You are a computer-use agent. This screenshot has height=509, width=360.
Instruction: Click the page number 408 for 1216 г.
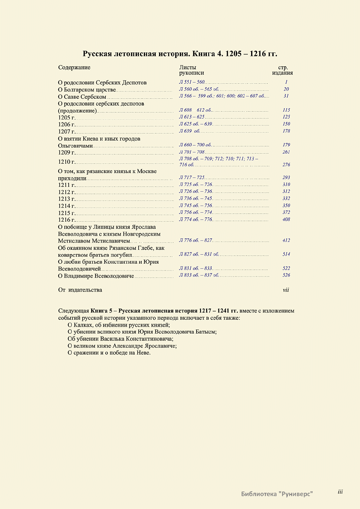[x=286, y=220]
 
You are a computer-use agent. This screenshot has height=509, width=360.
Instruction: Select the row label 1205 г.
[x=66, y=118]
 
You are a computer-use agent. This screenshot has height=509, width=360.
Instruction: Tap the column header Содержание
[x=74, y=67]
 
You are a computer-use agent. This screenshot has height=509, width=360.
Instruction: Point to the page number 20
[x=286, y=89]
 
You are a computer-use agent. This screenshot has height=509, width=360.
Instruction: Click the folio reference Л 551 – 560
[x=192, y=82]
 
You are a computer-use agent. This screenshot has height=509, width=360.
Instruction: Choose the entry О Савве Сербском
[x=82, y=97]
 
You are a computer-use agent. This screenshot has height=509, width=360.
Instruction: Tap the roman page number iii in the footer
[x=340, y=492]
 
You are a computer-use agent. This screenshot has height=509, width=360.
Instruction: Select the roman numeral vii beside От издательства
[x=286, y=290]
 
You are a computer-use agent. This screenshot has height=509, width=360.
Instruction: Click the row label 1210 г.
[x=66, y=162]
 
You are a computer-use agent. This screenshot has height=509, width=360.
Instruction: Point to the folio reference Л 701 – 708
[x=192, y=152]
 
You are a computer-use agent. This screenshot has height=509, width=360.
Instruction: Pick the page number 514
[x=286, y=254]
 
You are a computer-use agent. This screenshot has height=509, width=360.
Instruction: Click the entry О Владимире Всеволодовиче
[x=96, y=276]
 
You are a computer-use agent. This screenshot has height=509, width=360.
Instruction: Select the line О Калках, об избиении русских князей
[x=119, y=325]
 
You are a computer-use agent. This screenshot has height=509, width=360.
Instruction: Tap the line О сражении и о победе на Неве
[x=109, y=353]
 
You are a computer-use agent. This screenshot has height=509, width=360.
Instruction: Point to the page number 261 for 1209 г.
[x=286, y=152]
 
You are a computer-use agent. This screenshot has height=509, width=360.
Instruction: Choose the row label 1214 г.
[x=66, y=206]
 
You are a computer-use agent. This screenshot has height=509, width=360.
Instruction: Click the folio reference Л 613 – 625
[x=192, y=117]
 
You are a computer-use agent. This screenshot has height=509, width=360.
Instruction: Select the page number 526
[x=286, y=275]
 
